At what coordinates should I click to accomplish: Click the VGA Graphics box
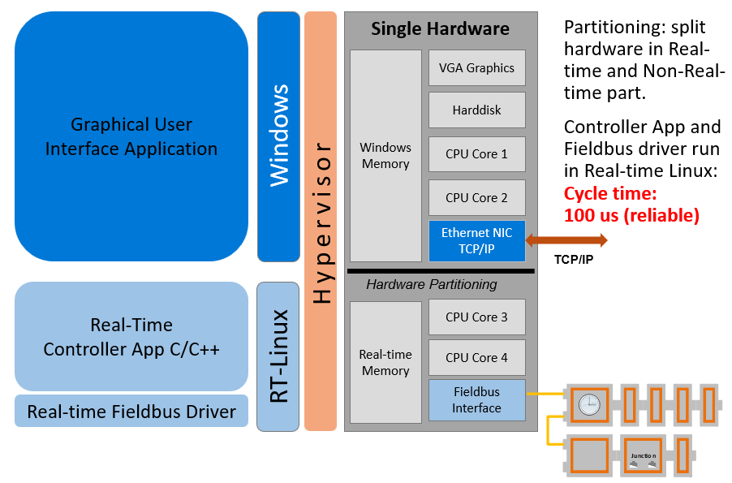pos(477,68)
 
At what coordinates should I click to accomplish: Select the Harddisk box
pos(477,110)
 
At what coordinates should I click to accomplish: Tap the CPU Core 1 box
pos(477,153)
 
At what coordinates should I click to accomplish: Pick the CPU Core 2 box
pos(477,197)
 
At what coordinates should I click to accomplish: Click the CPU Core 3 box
pos(477,317)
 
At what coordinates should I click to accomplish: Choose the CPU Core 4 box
pos(477,357)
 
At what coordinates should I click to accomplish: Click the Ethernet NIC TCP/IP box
pos(477,240)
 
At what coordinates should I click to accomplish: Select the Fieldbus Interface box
pos(477,400)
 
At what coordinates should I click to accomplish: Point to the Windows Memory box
pos(385,155)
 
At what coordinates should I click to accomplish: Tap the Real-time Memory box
pos(385,362)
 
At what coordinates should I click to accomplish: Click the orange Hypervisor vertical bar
pos(321,221)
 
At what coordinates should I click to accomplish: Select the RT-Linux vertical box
pos(278,356)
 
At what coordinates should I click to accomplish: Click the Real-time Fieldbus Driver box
pos(131,411)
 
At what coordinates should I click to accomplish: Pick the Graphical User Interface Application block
pos(131,136)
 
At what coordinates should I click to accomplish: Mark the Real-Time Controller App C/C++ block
pos(131,337)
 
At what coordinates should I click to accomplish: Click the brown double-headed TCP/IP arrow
pos(566,240)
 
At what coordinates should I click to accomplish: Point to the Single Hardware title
pos(441,29)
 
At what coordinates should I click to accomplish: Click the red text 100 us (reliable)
pos(631,215)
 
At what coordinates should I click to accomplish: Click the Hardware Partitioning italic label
pos(432,284)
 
